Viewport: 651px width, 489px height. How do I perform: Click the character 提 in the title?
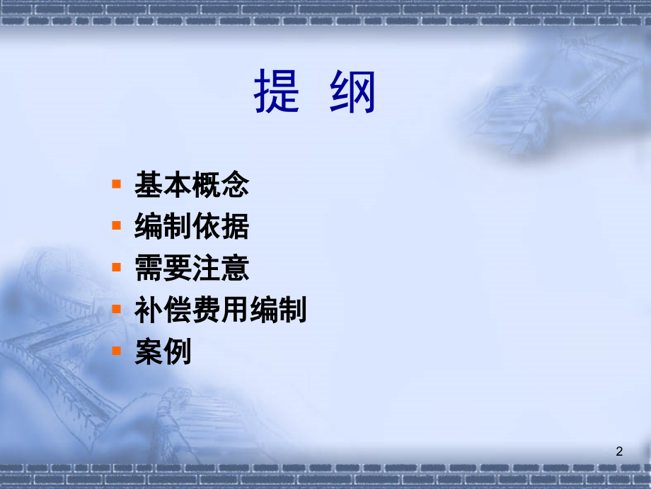[x=277, y=91]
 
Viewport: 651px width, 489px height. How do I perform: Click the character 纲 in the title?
[x=353, y=91]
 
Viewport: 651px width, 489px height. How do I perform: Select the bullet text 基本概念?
[x=192, y=184]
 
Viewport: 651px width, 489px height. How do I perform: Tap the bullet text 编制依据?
[x=192, y=226]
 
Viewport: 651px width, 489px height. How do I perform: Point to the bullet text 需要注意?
[x=192, y=268]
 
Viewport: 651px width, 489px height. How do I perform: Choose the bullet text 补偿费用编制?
[x=221, y=310]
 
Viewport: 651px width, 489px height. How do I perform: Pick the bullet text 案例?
[x=163, y=351]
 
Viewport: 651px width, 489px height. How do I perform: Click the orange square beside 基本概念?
[x=116, y=184]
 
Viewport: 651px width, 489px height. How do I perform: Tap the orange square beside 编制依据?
[x=116, y=225]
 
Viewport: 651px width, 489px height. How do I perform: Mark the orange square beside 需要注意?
[x=116, y=267]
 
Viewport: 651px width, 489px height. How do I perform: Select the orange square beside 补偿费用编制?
[x=116, y=309]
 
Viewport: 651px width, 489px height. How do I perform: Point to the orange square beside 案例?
[x=116, y=351]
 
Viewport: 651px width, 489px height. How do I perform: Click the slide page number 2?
[x=619, y=451]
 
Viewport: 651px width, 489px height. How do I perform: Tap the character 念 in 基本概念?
[x=236, y=184]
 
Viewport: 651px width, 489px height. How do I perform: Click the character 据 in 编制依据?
[x=236, y=226]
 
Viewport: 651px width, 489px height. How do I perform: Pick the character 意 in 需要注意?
[x=236, y=268]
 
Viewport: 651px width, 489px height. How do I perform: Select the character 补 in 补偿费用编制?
[x=149, y=310]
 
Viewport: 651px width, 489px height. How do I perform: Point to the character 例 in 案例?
[x=178, y=351]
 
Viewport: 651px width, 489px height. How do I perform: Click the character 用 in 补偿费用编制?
[x=235, y=310]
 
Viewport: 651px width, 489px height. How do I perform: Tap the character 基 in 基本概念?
[x=149, y=184]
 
